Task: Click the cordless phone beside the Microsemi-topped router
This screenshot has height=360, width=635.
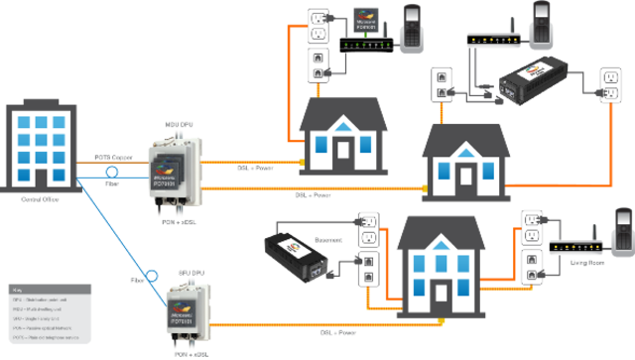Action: tap(411, 27)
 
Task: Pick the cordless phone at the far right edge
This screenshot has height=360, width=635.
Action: tap(624, 233)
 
